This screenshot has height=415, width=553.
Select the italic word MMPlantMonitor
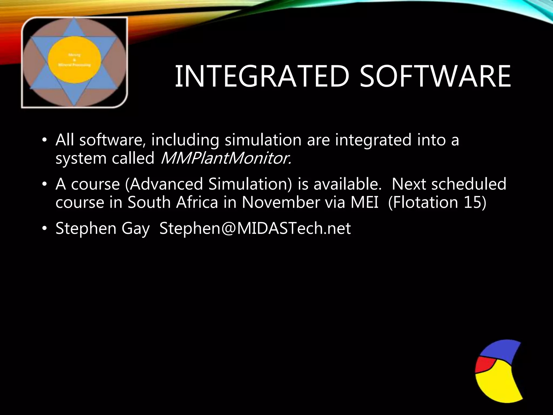tap(226, 158)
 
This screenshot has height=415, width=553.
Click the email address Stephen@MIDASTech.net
tap(255, 228)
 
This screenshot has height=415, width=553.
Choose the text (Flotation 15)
tap(437, 202)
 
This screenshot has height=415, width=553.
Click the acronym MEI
tap(365, 202)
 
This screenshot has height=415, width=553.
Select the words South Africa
tap(173, 202)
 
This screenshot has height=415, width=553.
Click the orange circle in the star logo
tap(75, 59)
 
